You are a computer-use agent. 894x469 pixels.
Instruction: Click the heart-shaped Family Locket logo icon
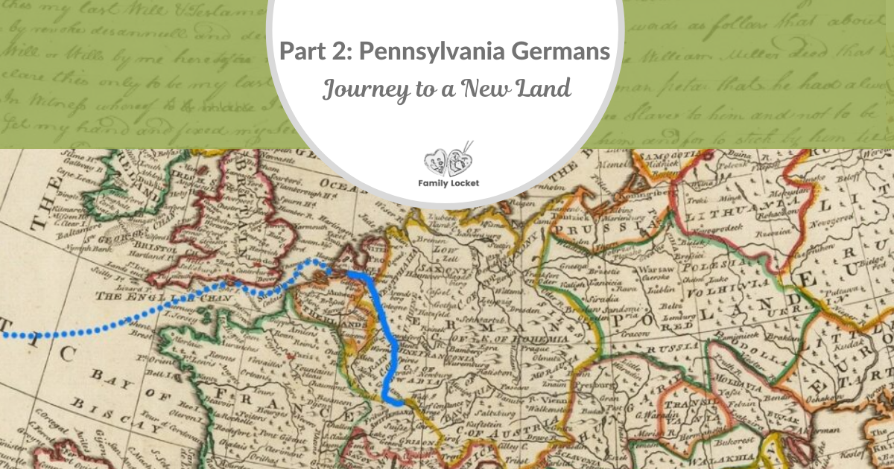(x=445, y=159)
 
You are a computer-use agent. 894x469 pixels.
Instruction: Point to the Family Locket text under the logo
(x=445, y=181)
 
